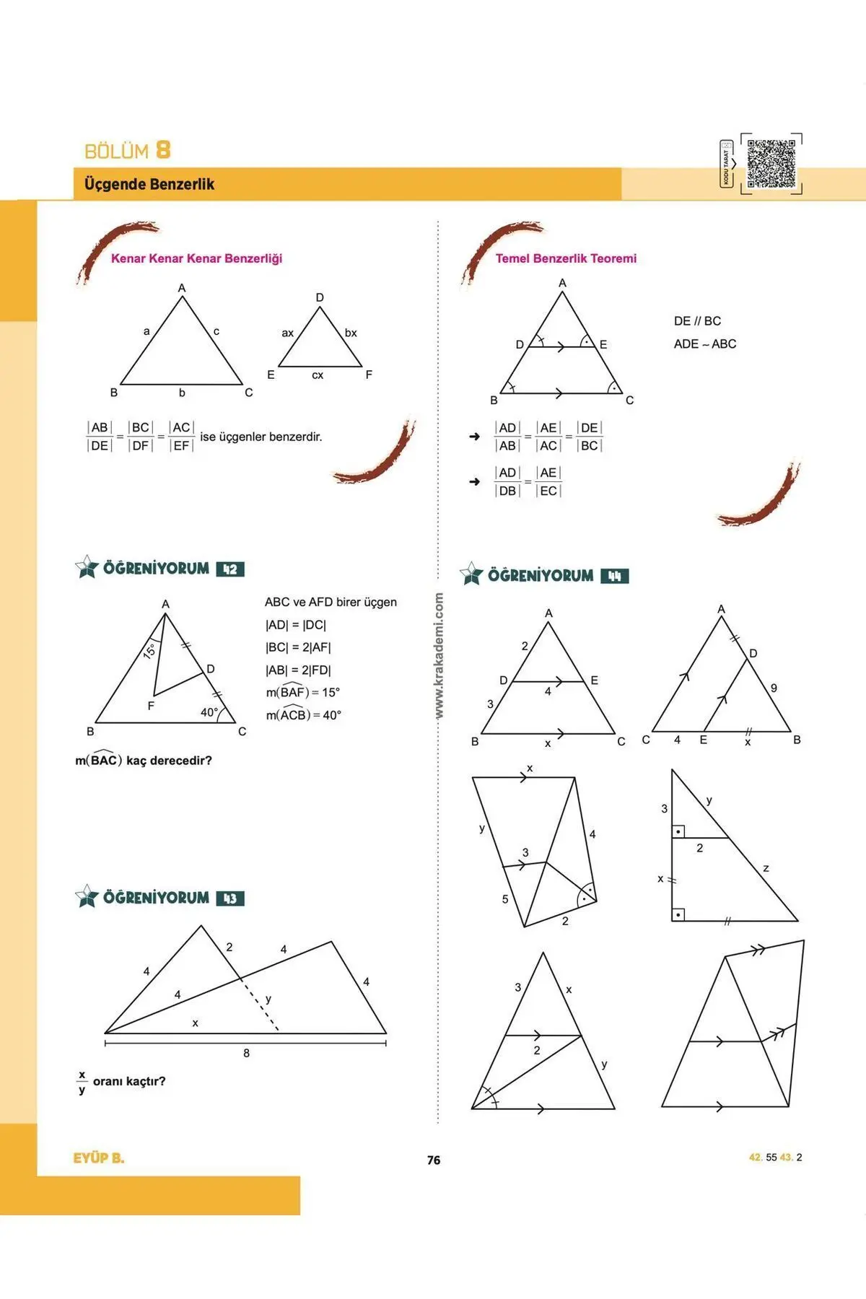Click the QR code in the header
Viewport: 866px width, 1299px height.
(x=771, y=164)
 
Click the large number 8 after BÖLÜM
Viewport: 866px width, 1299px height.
(x=163, y=150)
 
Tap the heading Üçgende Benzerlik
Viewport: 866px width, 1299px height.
(x=149, y=184)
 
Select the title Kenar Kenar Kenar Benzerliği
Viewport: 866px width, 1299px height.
(x=196, y=258)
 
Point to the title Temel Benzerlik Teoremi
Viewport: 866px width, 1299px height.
(x=566, y=258)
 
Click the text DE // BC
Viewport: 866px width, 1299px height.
(x=697, y=321)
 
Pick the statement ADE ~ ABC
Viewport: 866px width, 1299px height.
(x=705, y=344)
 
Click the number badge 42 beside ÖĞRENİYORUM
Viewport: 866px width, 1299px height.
(x=230, y=569)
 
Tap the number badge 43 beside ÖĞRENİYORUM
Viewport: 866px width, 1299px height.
(x=230, y=898)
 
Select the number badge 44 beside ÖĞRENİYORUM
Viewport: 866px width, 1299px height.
(x=614, y=576)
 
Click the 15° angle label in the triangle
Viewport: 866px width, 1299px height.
(x=149, y=650)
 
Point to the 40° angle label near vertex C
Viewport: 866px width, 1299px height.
(x=209, y=712)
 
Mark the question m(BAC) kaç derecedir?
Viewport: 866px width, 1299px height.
(x=144, y=761)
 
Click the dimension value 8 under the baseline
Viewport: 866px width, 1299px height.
(x=246, y=1053)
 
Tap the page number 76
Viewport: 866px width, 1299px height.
(x=433, y=1160)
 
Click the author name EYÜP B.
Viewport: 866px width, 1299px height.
(x=99, y=1158)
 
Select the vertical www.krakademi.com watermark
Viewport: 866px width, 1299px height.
(x=439, y=655)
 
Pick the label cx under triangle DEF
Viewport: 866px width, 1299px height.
(x=318, y=375)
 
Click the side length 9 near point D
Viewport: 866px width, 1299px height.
(x=774, y=688)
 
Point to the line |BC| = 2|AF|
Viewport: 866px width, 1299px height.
(x=298, y=647)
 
